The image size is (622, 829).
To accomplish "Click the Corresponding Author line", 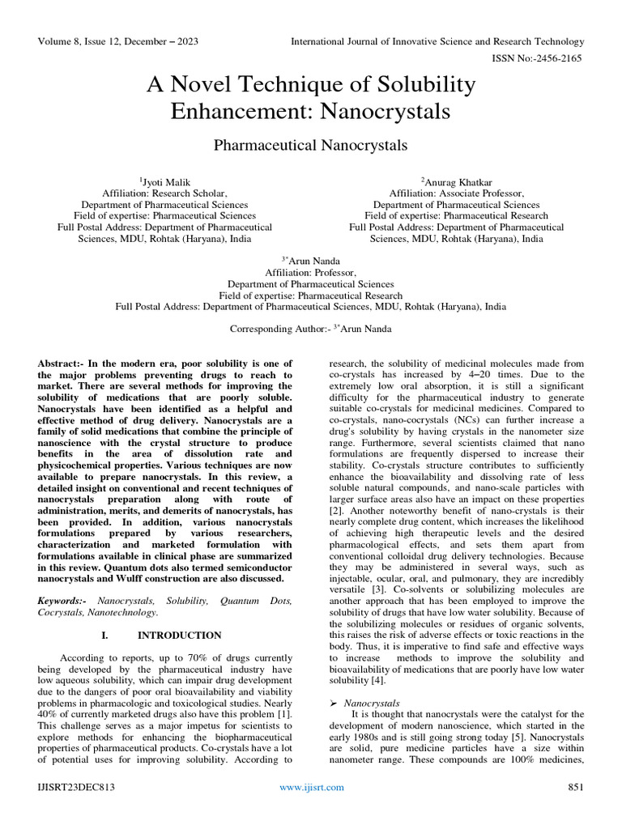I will point(310,329).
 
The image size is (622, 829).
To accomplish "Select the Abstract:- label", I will point(65,364).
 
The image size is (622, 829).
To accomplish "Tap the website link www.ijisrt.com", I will point(311,787).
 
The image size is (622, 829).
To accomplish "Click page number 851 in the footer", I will point(575,787).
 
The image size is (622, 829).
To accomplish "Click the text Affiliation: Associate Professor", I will point(456,193).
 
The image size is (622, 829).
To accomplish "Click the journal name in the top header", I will point(437,41).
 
